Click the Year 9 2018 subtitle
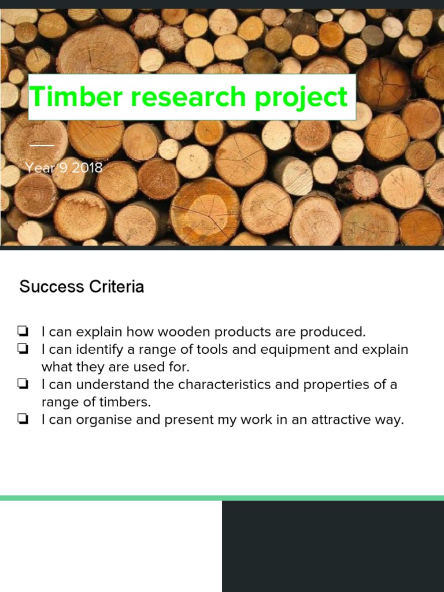[x=64, y=168]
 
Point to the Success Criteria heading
[x=82, y=287]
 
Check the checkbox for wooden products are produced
[x=23, y=332]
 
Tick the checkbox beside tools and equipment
[x=23, y=350]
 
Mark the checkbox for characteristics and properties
[x=23, y=384]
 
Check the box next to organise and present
[x=23, y=420]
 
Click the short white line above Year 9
[x=42, y=145]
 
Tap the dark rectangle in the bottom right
[x=333, y=546]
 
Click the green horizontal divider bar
[x=222, y=498]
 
